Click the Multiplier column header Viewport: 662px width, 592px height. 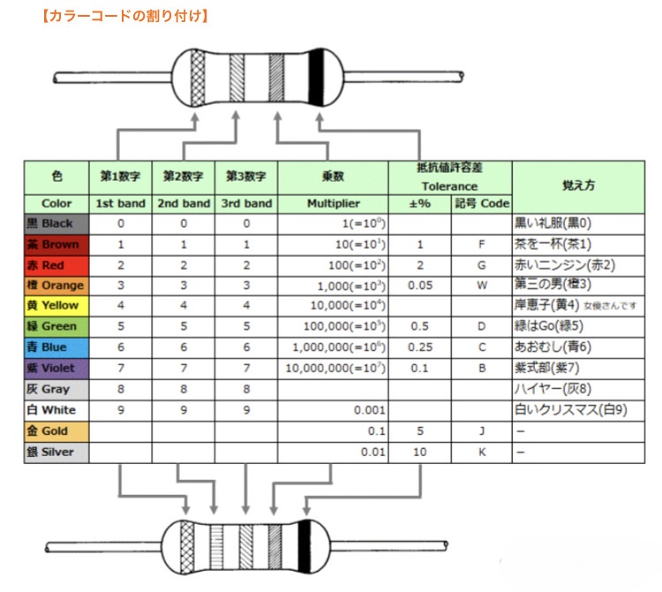(x=333, y=204)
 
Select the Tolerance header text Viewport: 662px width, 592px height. (x=449, y=186)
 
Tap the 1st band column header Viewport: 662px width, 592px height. (x=120, y=204)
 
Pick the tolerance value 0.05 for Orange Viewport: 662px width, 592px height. (x=420, y=286)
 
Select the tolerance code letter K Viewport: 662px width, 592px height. (x=482, y=452)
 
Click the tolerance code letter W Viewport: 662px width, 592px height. (x=482, y=286)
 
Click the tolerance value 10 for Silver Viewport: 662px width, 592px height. (x=420, y=452)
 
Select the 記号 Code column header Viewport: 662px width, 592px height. (x=482, y=204)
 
